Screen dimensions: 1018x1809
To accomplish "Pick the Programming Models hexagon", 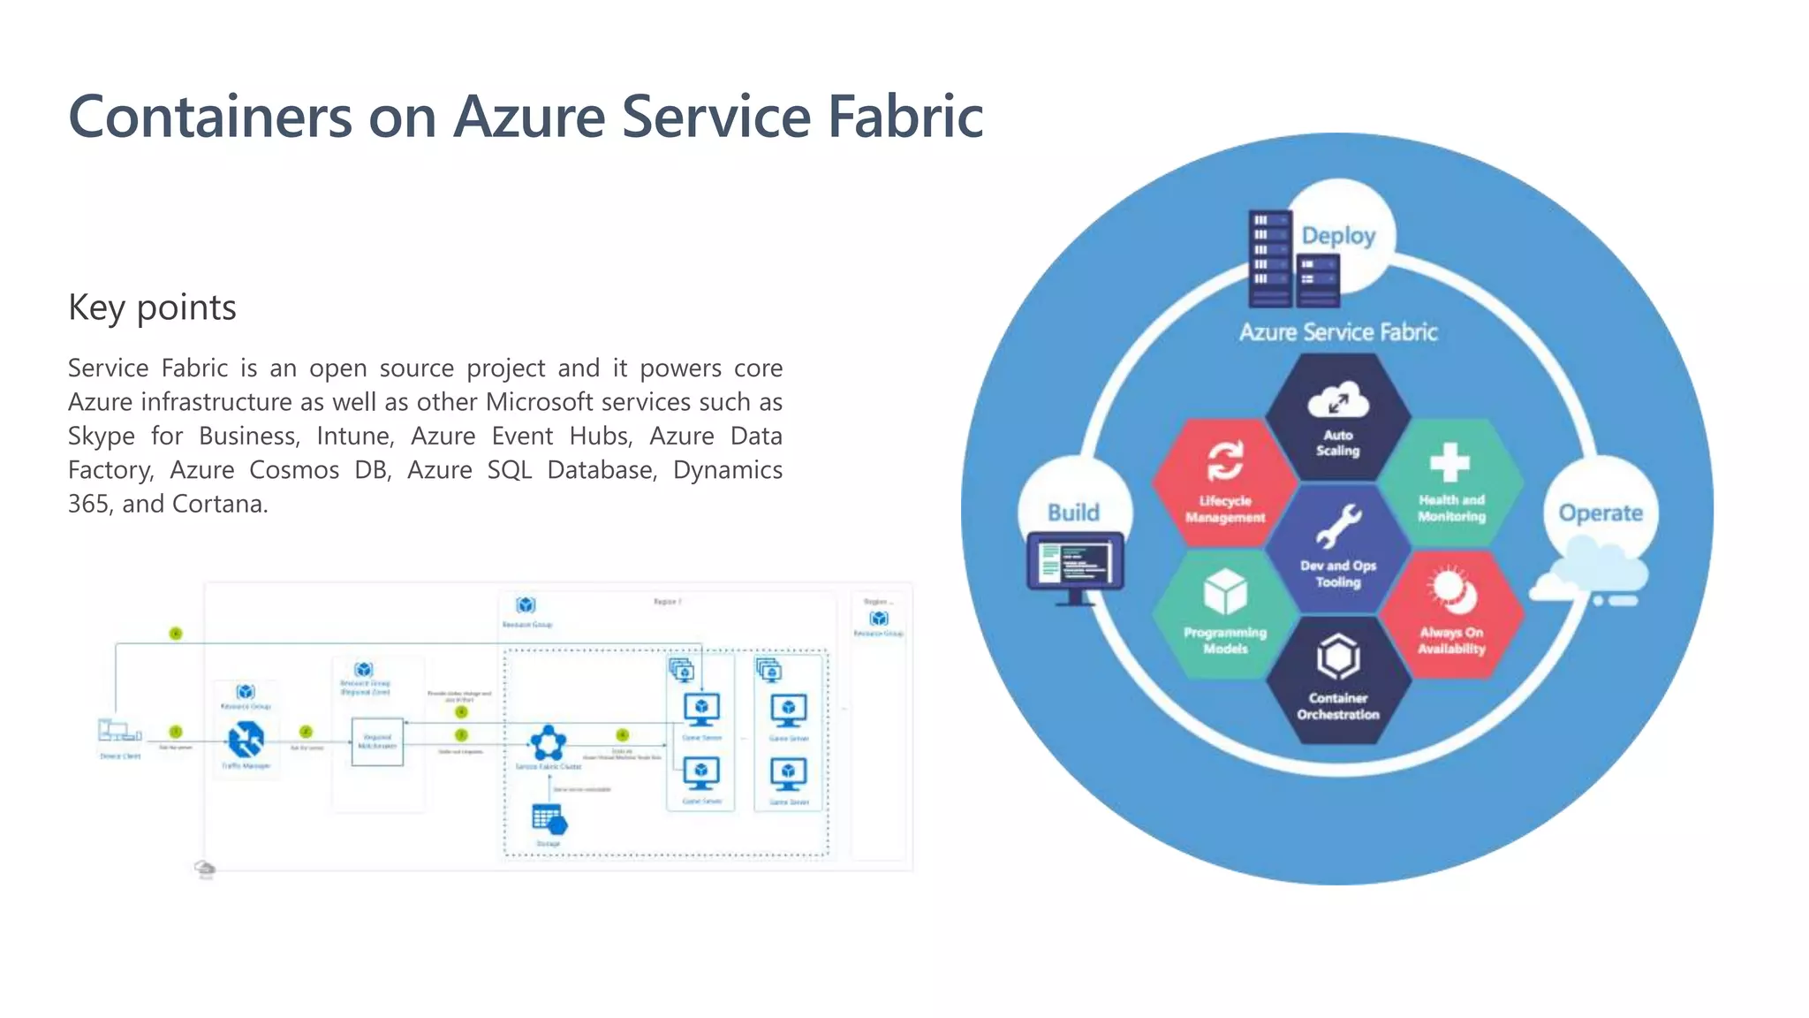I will click(1225, 615).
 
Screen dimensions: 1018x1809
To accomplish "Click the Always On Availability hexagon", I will click(1451, 615).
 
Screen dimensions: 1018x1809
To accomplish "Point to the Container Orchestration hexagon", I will click(1337, 680).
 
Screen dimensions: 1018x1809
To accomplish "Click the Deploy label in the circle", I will click(1338, 236).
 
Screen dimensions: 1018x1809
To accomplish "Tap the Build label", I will click(1073, 513).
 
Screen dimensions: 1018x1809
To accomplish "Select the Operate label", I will click(1600, 513).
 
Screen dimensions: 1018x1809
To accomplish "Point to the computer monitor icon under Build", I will click(1075, 566).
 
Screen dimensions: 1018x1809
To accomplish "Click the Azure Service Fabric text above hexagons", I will click(1337, 332).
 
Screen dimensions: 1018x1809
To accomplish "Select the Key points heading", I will click(152, 308).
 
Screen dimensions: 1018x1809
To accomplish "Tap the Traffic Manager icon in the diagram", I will click(246, 741).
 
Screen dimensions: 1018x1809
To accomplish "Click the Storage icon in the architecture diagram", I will click(549, 820).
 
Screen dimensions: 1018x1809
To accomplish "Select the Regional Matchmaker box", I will click(377, 741).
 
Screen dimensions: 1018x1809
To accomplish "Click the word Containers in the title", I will click(210, 117).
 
